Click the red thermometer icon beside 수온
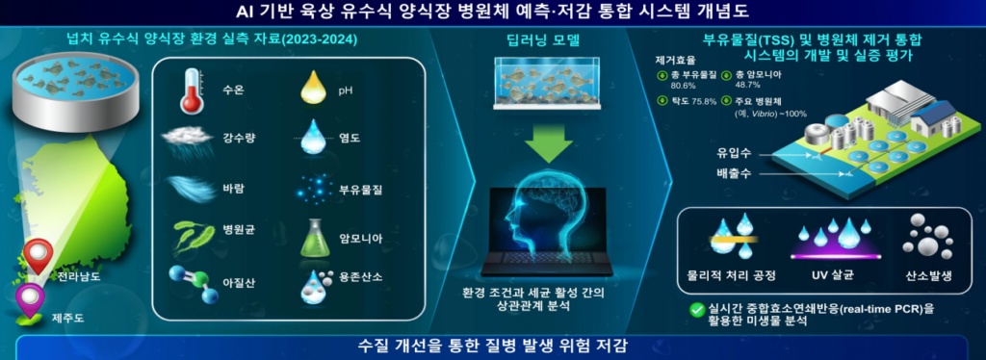pos(190,91)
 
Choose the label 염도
pos(347,139)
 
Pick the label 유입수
pos(731,152)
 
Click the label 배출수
pos(731,174)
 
